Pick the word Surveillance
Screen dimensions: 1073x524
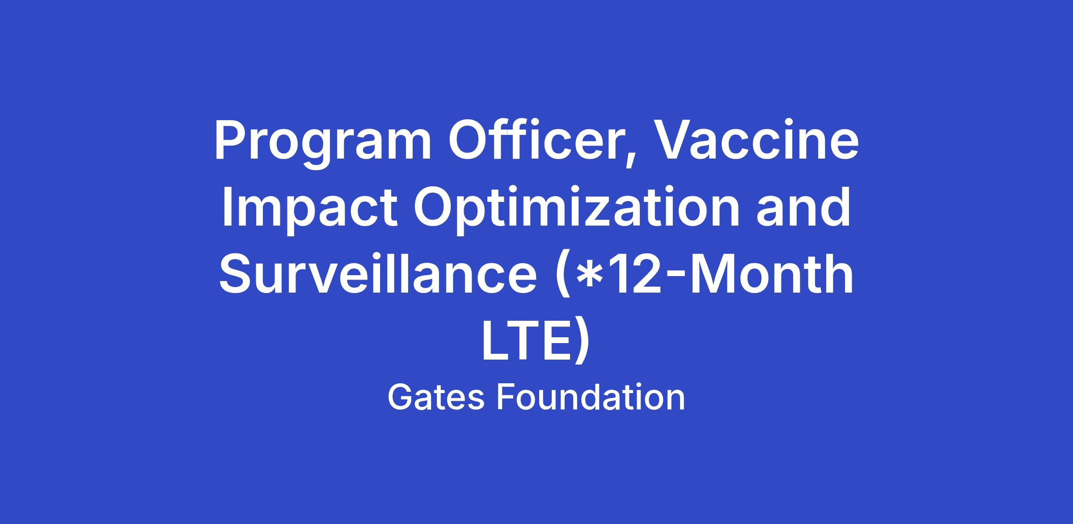pyautogui.click(x=378, y=273)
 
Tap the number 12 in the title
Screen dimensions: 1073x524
pyautogui.click(x=633, y=274)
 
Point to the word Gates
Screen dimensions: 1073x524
pyautogui.click(x=436, y=397)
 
